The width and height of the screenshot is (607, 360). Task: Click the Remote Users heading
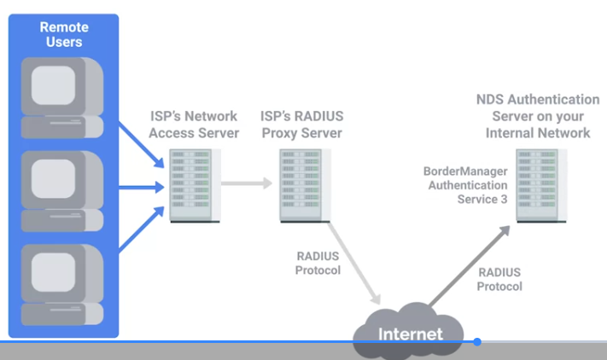64,34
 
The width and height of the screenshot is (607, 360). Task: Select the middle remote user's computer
62,191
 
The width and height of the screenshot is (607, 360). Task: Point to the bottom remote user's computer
62,284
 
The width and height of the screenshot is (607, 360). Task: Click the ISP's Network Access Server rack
196,186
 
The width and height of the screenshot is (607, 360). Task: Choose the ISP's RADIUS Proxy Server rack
305,186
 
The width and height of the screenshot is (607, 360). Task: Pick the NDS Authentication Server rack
541,186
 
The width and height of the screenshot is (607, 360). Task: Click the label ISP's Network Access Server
194,125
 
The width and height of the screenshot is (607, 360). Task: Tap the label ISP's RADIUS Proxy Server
302,125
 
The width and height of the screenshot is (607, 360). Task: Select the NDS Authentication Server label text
538,116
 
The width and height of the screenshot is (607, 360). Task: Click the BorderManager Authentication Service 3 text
465,185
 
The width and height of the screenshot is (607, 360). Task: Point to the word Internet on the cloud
411,334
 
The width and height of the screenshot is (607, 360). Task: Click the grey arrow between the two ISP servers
247,183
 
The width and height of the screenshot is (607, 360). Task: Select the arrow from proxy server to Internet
353,263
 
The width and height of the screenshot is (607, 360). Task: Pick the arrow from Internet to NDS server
470,266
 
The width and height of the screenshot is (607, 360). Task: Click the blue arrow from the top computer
142,145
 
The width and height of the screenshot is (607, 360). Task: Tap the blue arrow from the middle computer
142,188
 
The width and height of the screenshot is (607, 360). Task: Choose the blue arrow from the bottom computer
142,229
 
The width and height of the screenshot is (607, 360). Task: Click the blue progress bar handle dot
477,342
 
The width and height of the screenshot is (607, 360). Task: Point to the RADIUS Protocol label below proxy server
318,263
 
